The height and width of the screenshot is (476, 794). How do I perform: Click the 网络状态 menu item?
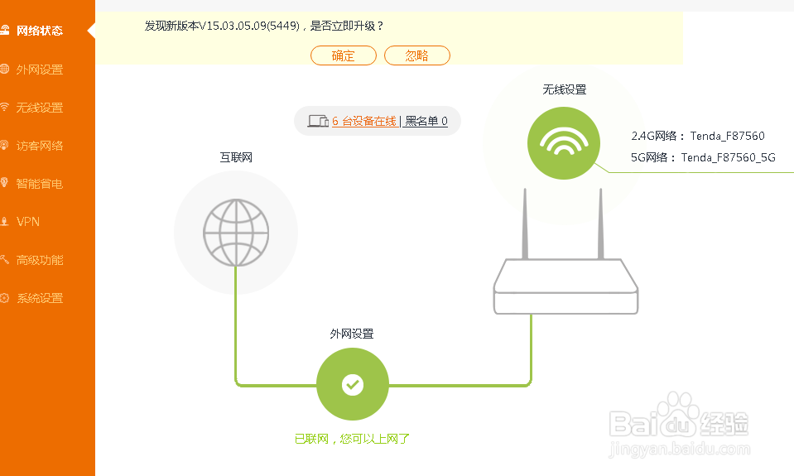(39, 31)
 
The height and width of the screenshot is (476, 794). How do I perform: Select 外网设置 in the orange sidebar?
(39, 70)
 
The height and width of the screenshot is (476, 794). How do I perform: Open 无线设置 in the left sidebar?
(39, 108)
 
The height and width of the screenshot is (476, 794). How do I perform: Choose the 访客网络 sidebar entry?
(39, 146)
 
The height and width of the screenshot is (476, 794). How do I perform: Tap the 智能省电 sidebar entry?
(39, 184)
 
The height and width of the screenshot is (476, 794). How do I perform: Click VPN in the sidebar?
(27, 222)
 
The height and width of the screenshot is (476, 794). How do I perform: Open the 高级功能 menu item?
(39, 260)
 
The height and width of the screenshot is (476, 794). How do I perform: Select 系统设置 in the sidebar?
(39, 298)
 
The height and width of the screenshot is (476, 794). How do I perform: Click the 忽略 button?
(417, 55)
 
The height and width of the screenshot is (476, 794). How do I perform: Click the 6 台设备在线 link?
(363, 122)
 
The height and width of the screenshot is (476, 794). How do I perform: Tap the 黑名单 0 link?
(426, 122)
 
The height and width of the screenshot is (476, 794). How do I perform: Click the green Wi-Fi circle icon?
(563, 142)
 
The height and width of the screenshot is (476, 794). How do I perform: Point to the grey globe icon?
(236, 233)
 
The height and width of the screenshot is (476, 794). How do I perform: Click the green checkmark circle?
(353, 384)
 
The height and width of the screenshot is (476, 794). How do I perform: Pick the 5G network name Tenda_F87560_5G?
(728, 157)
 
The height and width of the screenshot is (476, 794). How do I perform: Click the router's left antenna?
(525, 224)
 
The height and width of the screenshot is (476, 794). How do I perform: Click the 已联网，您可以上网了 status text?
(353, 439)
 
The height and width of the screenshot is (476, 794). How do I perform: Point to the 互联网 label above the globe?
(235, 156)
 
